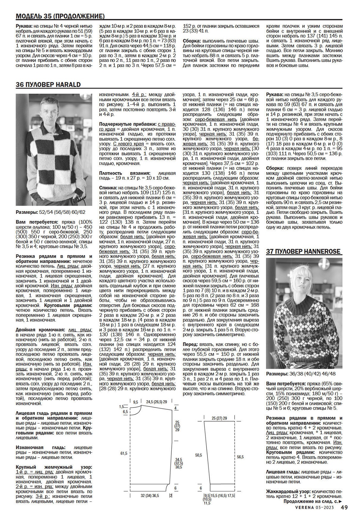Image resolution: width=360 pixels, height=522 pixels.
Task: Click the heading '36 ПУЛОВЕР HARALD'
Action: pyautogui.click(x=48, y=85)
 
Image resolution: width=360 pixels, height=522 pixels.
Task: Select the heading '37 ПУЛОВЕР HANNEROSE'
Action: pyautogui.click(x=303, y=251)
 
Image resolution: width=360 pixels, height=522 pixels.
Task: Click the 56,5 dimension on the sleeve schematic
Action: pyautogui.click(x=240, y=457)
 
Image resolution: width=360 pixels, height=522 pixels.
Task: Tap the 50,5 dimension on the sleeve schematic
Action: pyautogui.click(x=198, y=455)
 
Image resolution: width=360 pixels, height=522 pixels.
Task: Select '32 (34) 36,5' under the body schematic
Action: pyautogui.click(x=150, y=496)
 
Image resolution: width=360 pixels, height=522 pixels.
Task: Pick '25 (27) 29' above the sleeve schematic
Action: pyautogui.click(x=219, y=418)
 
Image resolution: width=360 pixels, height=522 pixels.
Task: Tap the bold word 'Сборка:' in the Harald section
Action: pyautogui.click(x=275, y=168)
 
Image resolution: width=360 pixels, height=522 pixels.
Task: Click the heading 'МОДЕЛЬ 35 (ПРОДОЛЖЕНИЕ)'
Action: pyautogui.click(x=60, y=16)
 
